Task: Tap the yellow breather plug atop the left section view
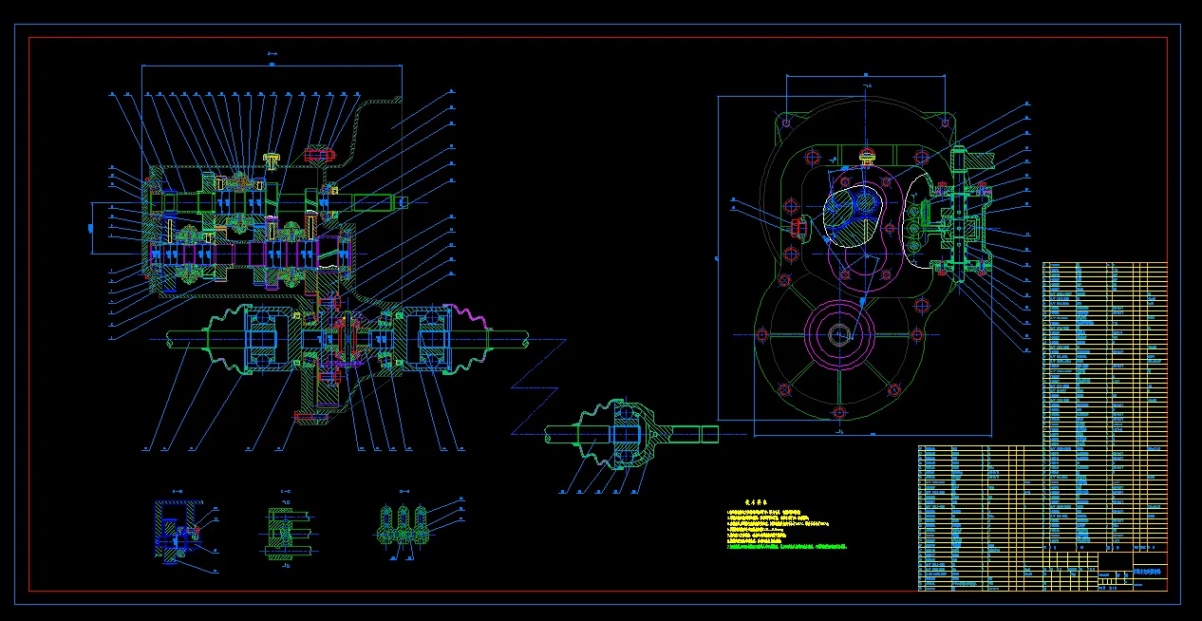272,160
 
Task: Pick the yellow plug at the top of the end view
866,155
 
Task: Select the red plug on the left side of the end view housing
797,225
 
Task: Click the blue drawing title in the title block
1148,572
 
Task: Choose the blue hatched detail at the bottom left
174,531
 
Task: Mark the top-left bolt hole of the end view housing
786,122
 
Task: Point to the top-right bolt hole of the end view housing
946,122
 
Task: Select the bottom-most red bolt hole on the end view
839,411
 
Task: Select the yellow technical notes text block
784,532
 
